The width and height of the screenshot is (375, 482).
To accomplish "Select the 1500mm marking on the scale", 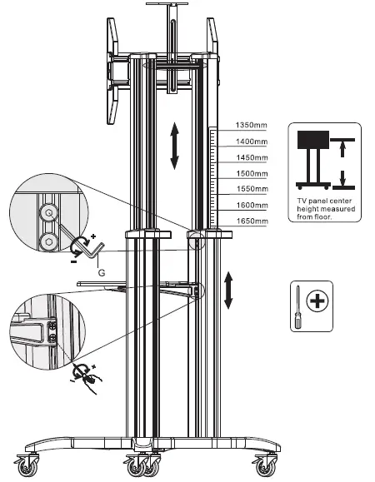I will [x=250, y=173].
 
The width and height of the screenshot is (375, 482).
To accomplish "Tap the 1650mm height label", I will [x=250, y=221].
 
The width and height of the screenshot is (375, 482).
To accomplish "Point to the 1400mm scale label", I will [x=250, y=143].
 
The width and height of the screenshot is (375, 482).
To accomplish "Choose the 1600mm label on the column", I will [x=250, y=205].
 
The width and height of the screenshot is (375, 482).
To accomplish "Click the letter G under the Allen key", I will [x=101, y=271].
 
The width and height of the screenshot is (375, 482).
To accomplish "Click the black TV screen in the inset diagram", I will [x=314, y=141].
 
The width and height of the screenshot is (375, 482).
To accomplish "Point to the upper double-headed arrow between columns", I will [x=175, y=147].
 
